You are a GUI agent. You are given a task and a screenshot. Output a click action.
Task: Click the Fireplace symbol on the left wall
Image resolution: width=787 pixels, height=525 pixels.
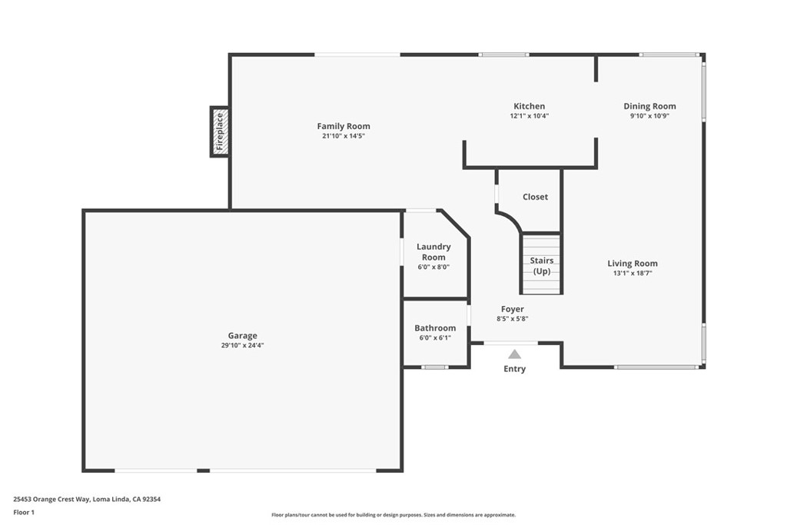click(220, 131)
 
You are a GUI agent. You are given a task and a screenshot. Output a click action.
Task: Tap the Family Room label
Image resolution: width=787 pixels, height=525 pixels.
click(344, 126)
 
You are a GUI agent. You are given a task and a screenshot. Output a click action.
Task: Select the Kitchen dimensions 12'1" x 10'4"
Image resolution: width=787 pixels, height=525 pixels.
click(529, 116)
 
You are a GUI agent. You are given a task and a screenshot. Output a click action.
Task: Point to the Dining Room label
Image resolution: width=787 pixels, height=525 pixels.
click(649, 106)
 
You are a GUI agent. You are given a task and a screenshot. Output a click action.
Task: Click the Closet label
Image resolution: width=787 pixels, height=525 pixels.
click(535, 197)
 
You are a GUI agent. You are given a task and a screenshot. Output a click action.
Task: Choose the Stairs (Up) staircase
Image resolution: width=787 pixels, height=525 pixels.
click(542, 264)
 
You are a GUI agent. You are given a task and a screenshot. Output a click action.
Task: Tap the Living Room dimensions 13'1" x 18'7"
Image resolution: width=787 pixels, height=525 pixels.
click(632, 273)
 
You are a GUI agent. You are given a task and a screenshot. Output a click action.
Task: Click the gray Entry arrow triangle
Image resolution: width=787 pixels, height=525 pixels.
click(514, 354)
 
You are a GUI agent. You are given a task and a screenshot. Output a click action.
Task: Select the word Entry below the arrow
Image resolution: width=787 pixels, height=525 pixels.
click(514, 369)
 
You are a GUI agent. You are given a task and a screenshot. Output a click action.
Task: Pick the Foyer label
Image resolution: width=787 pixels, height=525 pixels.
click(513, 309)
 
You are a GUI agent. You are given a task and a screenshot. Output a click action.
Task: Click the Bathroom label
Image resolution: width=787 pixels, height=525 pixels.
click(435, 328)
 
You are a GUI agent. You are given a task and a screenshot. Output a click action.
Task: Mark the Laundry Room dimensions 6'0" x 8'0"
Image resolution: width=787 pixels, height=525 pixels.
click(433, 267)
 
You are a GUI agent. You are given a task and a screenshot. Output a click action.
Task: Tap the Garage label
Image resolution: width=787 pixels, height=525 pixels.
click(242, 335)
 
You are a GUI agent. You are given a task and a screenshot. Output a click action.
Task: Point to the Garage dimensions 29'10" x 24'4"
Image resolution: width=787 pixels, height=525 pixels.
click(242, 345)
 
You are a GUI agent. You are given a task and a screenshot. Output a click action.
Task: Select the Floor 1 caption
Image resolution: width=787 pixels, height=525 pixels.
click(24, 511)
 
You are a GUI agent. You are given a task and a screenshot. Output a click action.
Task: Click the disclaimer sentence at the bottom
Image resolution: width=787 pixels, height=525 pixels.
click(393, 515)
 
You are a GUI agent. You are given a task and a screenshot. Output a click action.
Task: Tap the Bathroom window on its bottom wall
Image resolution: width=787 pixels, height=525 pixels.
click(434, 367)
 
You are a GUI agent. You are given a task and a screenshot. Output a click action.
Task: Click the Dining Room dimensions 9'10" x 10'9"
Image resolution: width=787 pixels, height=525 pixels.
click(649, 116)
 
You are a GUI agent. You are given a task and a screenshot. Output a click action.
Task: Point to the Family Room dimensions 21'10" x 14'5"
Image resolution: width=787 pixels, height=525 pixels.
click(344, 136)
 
